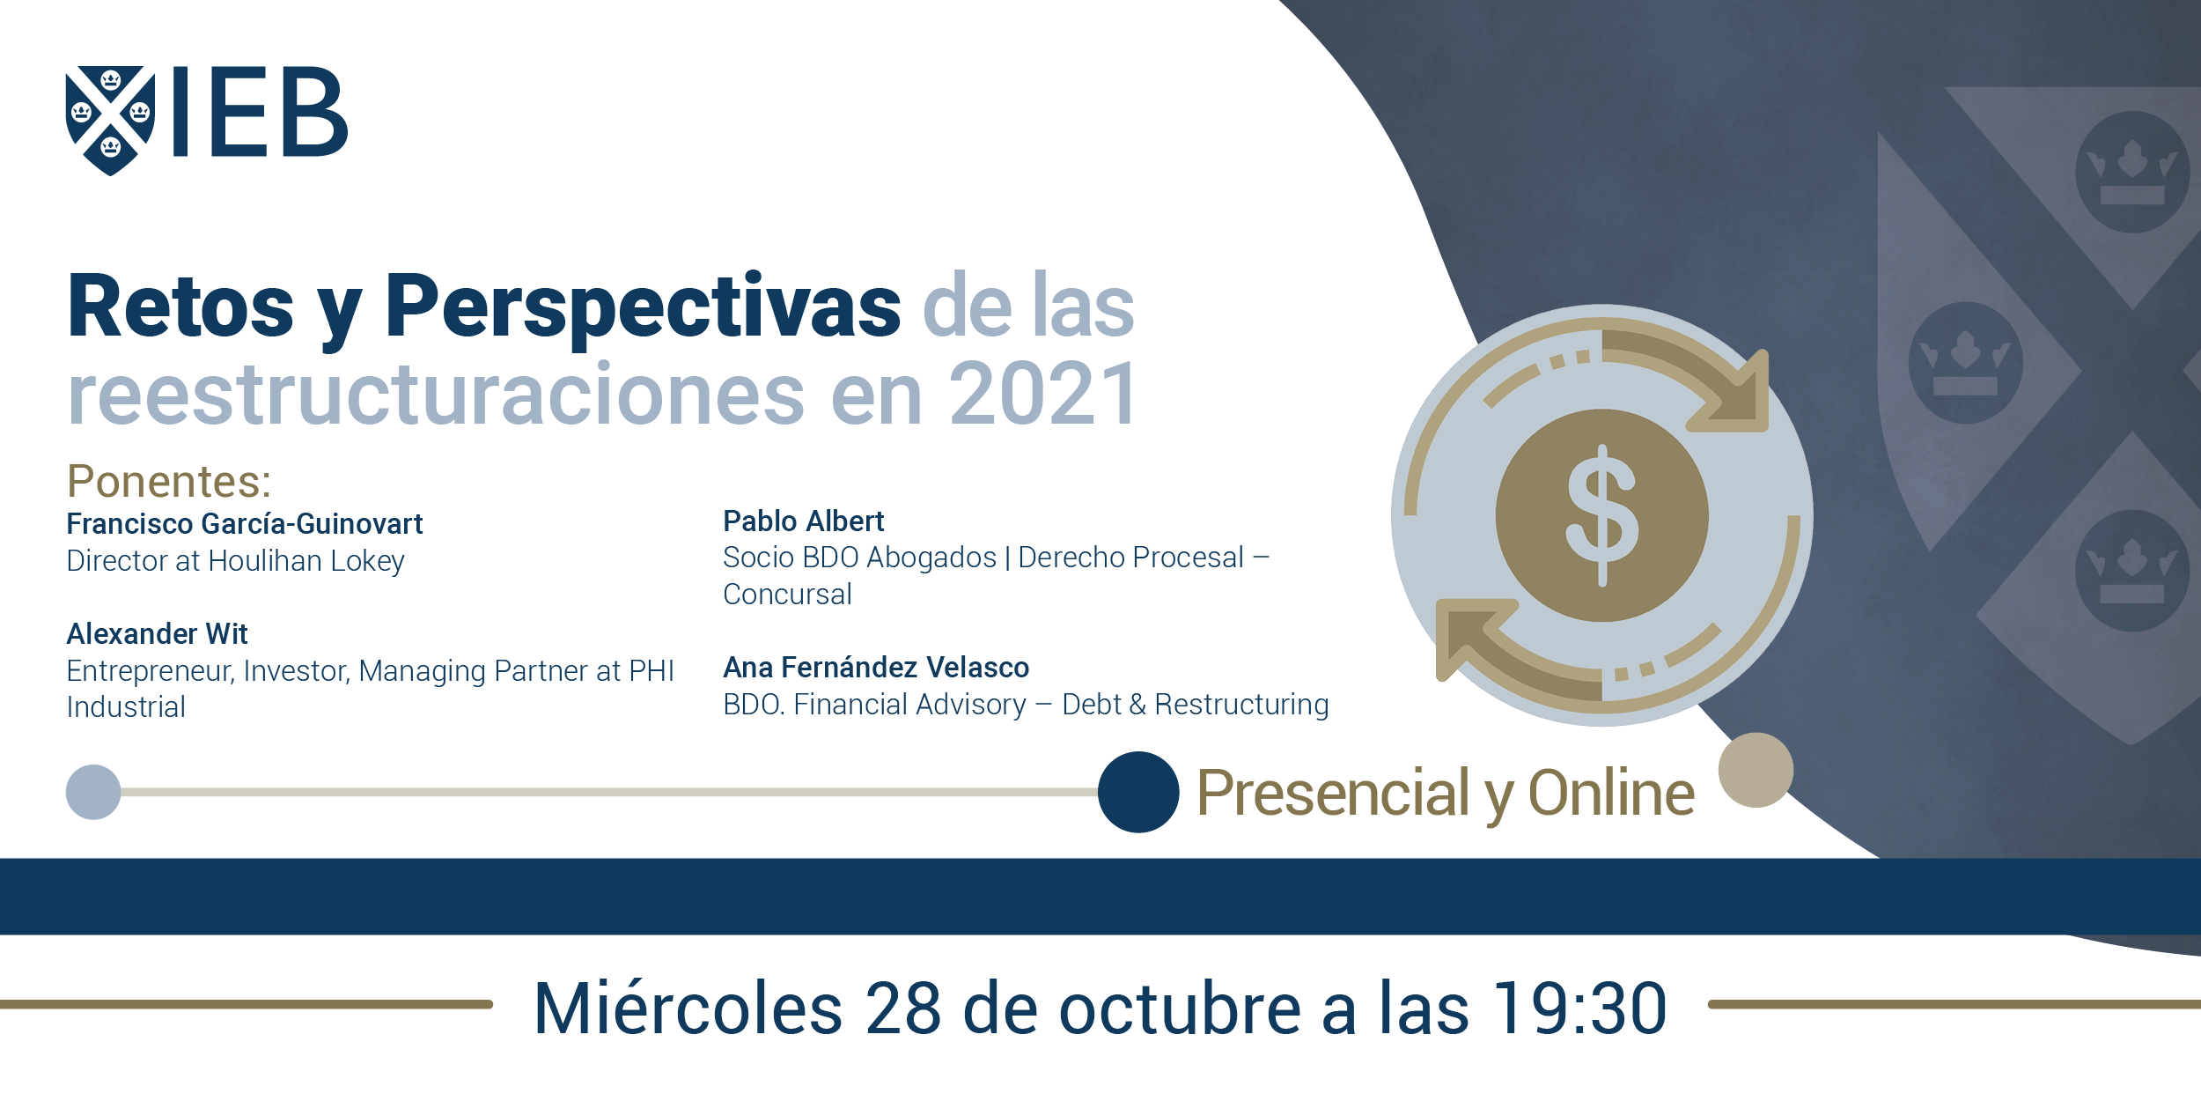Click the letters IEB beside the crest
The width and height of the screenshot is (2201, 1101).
point(261,112)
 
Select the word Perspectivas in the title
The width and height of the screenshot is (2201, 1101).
point(643,308)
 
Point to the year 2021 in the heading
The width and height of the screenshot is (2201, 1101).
point(1043,395)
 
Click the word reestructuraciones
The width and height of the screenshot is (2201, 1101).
point(437,395)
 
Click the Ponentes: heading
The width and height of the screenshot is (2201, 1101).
point(169,481)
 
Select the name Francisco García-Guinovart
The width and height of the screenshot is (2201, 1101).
point(245,524)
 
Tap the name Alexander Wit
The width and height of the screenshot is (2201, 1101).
point(158,634)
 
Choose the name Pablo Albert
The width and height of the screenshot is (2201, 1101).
point(803,521)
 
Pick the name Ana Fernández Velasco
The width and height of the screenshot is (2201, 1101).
point(876,668)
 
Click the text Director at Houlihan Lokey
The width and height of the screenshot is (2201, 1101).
point(236,561)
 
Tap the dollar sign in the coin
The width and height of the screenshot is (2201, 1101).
point(1602,515)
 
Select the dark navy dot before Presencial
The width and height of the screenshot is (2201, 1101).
point(1138,792)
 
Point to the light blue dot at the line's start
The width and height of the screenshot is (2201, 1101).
point(93,792)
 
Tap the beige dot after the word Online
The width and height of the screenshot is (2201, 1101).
point(1756,770)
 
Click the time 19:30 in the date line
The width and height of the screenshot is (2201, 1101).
point(1580,1008)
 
